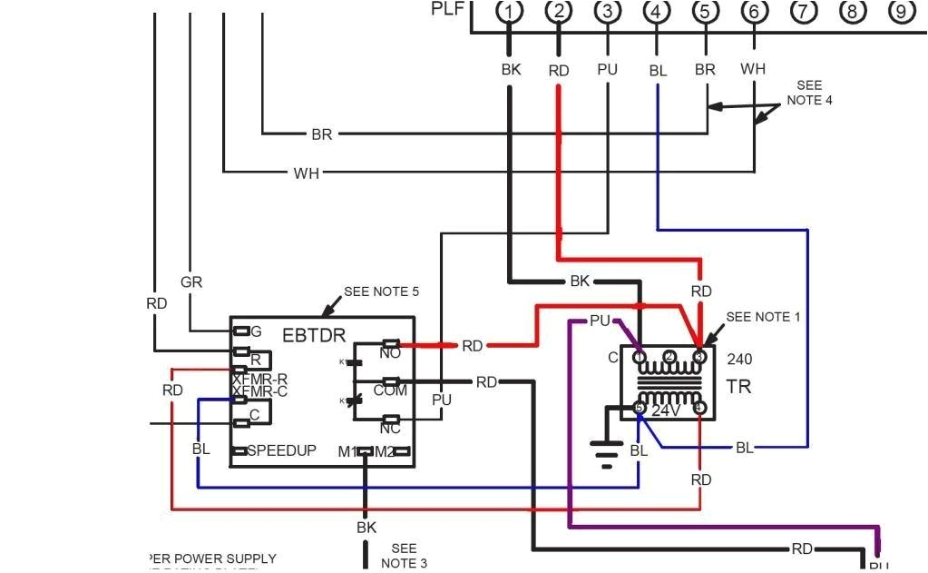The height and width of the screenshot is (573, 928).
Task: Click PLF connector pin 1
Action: point(511,12)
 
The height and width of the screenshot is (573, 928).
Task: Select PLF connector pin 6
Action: point(753,12)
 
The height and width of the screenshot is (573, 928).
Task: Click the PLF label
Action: point(449,10)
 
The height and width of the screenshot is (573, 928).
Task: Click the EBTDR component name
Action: point(314,336)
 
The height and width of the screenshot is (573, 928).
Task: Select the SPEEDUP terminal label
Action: point(281,450)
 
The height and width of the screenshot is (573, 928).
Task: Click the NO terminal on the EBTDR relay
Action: point(391,352)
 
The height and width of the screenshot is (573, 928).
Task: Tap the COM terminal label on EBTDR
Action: point(391,390)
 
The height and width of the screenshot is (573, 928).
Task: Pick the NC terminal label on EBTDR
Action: point(391,428)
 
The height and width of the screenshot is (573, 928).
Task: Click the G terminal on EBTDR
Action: point(256,331)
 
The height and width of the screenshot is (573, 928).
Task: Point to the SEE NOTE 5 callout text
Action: point(381,292)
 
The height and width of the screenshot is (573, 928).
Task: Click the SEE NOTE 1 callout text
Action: point(764,317)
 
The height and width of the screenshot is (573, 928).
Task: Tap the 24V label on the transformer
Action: point(666,410)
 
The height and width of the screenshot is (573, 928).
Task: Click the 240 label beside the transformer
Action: point(739,360)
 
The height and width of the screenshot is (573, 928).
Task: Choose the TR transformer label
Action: point(738,387)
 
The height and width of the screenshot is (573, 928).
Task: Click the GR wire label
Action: point(191,282)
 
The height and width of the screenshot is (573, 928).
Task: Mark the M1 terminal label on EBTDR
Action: point(346,451)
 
